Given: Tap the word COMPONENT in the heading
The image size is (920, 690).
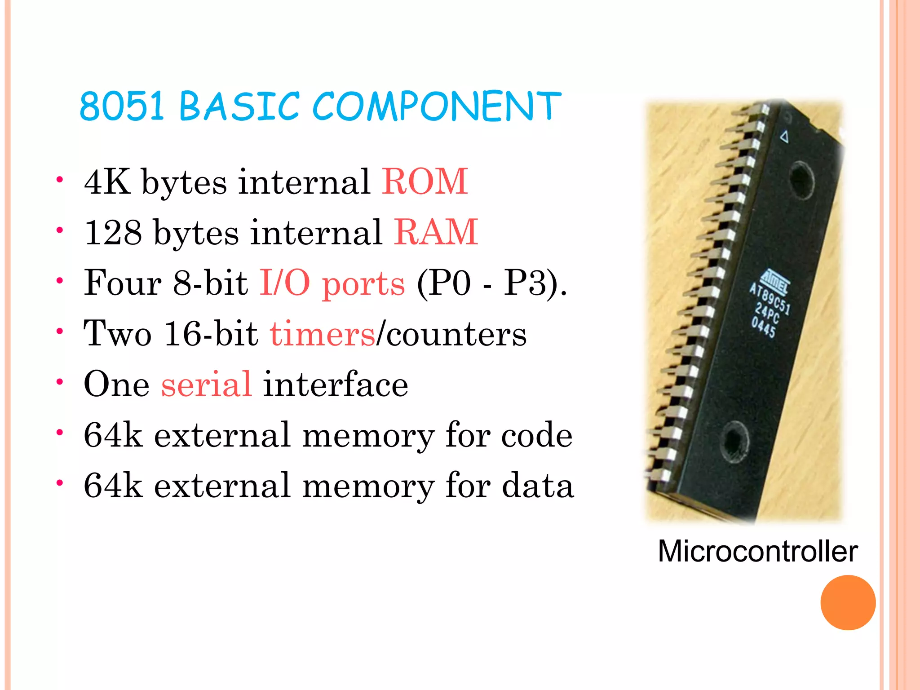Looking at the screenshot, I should [x=436, y=106].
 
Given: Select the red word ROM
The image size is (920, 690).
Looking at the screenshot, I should [x=425, y=181].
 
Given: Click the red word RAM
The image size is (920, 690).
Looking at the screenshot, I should [x=436, y=232].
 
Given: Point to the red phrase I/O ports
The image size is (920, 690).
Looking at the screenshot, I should [x=332, y=283].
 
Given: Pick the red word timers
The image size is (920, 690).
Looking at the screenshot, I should [x=322, y=334].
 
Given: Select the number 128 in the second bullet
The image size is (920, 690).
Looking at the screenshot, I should [x=113, y=232].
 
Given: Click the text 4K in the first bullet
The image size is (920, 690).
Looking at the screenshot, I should [x=107, y=181].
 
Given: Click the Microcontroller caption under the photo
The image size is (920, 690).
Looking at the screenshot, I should [x=758, y=551].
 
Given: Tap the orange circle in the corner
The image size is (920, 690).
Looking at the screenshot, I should [x=848, y=602].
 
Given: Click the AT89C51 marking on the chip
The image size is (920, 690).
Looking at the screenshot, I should [x=769, y=298].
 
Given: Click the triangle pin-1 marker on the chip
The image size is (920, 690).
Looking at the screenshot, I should [x=784, y=136].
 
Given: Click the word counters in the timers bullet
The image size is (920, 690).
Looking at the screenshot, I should [x=456, y=334].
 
